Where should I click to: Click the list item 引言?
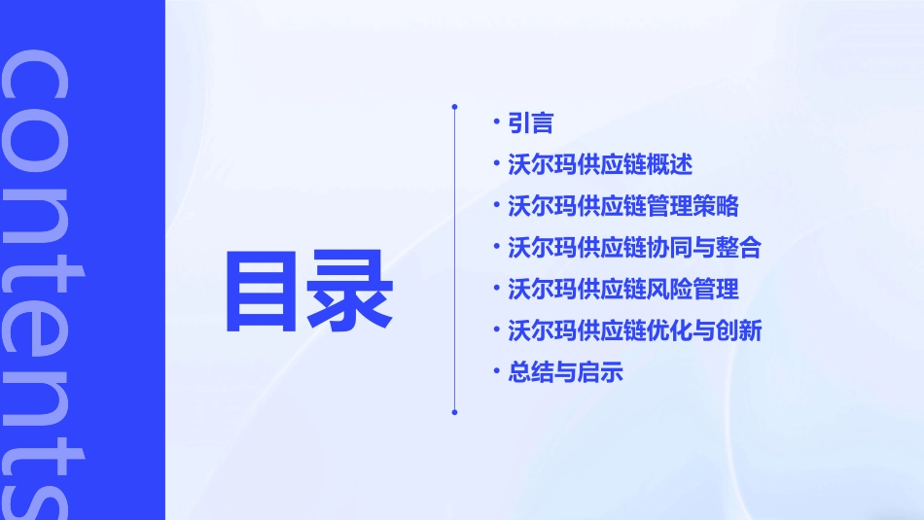coord(531,123)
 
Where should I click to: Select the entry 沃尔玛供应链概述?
coord(600,164)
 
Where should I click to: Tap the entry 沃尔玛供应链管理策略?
coord(623,206)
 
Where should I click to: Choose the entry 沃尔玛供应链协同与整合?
coord(634,248)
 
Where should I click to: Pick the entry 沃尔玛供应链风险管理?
coord(623,289)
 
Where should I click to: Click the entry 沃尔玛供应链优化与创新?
coord(634,330)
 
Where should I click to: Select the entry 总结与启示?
coord(565,372)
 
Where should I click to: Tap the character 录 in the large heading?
coord(352,291)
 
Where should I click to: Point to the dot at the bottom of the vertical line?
coord(454,412)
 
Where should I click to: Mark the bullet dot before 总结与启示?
coord(497,371)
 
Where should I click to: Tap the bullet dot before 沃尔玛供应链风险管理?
coord(497,288)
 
